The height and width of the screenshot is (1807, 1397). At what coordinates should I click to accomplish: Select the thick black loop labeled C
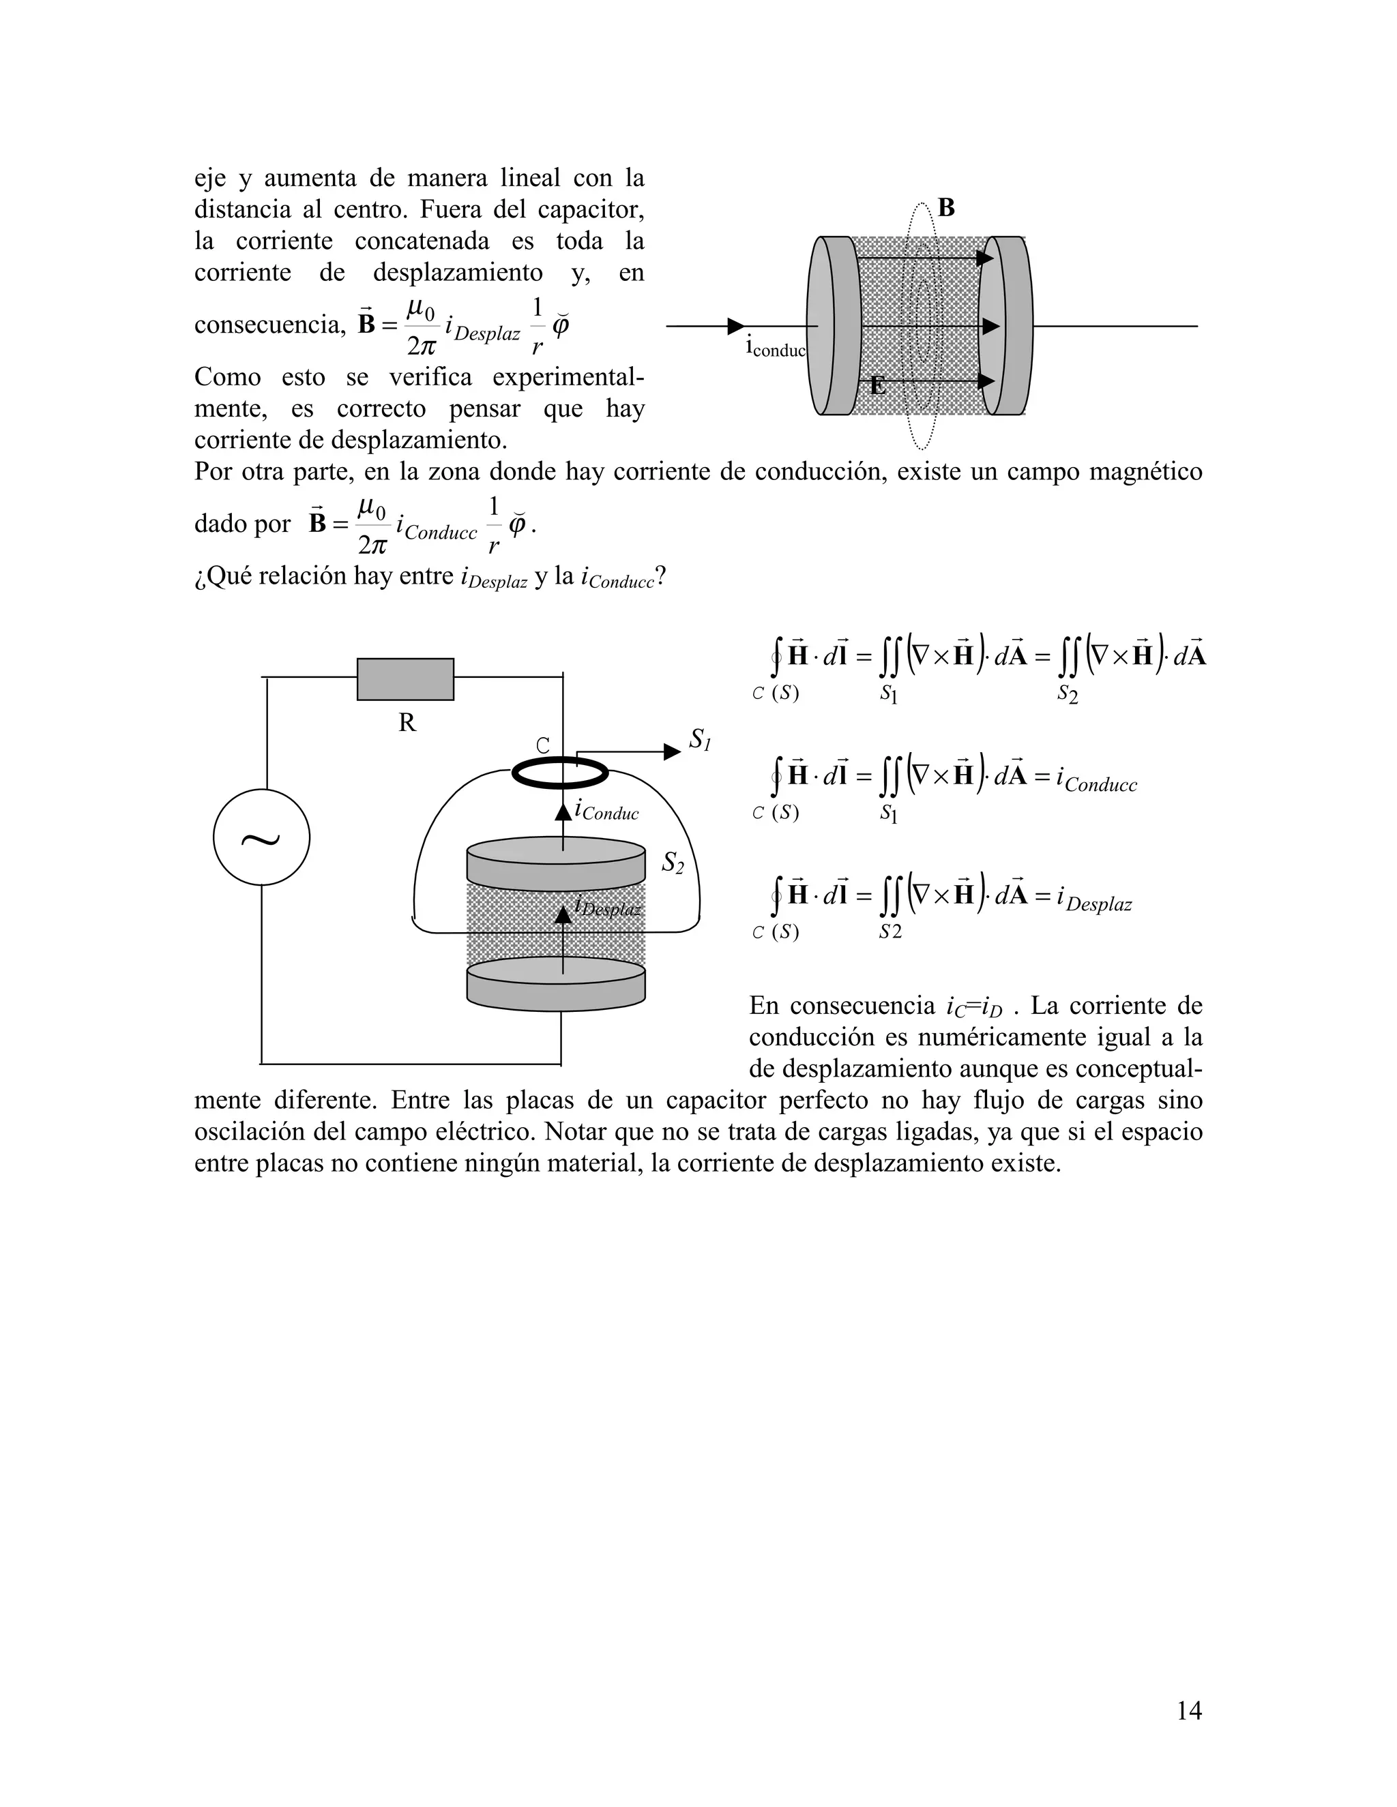click(560, 774)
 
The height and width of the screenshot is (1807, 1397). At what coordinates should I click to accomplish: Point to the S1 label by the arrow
click(699, 740)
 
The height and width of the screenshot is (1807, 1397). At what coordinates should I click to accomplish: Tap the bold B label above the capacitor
click(946, 208)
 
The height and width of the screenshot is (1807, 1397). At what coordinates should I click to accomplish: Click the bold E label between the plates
click(877, 385)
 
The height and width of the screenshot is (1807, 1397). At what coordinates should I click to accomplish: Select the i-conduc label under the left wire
click(776, 348)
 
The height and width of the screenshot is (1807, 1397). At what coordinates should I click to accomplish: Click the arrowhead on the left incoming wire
click(735, 326)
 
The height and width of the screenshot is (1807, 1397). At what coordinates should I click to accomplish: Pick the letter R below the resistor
click(407, 723)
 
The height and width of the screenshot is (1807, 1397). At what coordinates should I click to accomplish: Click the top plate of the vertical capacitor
click(555, 861)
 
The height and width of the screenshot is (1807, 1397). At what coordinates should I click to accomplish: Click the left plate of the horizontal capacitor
click(834, 326)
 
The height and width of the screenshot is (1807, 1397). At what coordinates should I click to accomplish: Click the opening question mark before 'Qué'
click(198, 578)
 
